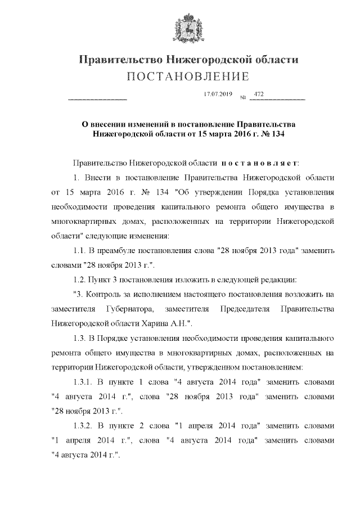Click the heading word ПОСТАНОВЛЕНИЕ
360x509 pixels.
tap(180, 76)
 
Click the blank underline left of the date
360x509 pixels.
tap(97, 100)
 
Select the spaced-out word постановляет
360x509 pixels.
tap(259, 163)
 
